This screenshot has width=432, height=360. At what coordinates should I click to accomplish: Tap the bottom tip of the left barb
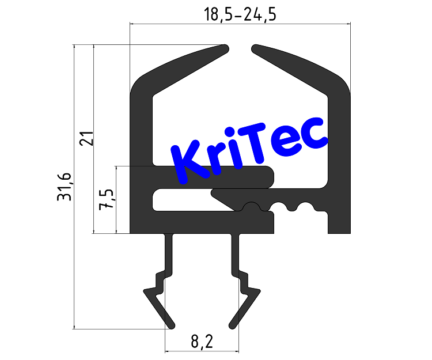click(x=170, y=324)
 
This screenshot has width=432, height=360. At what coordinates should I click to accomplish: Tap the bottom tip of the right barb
click(x=233, y=324)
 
